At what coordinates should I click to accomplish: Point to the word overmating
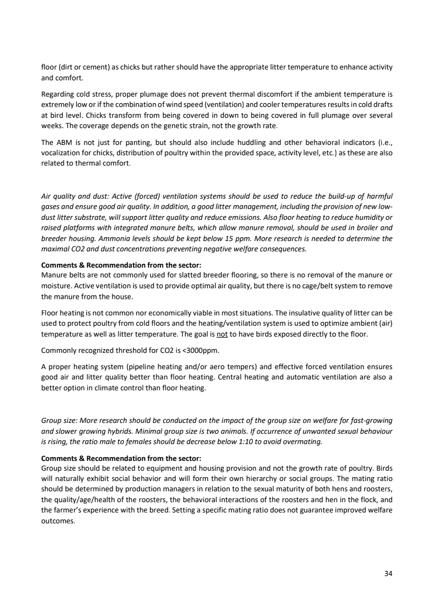point(304,442)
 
